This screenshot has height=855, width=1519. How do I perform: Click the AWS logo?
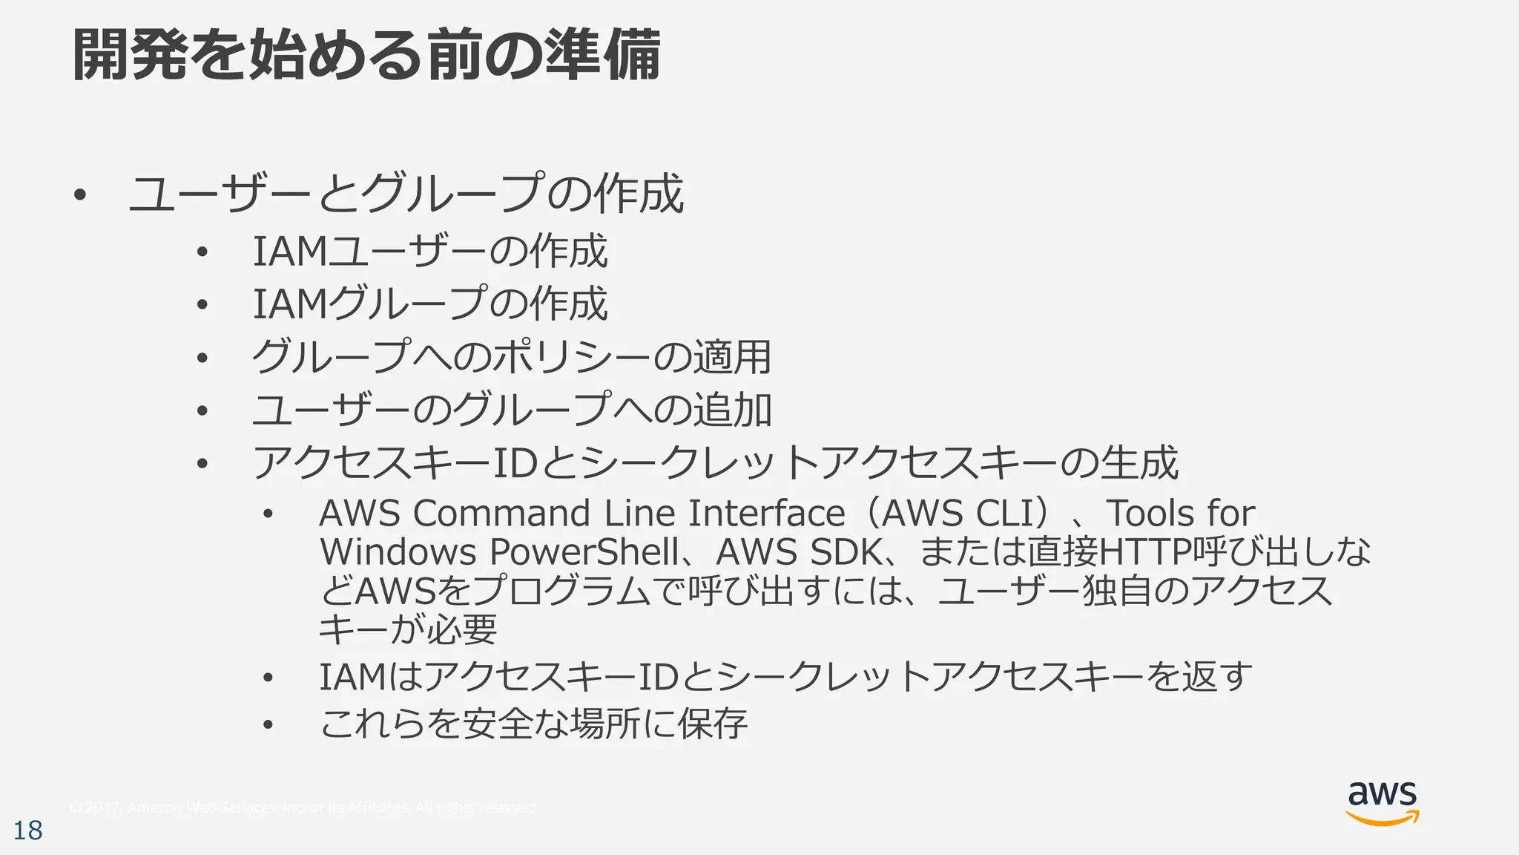pos(1382,803)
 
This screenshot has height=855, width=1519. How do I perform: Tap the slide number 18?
pos(28,831)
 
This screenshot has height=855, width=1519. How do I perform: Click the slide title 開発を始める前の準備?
pos(366,55)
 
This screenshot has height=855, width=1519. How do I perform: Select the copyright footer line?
pos(303,807)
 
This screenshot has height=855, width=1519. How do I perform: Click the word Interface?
pos(766,514)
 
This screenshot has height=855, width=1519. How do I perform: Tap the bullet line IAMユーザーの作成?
pos(430,251)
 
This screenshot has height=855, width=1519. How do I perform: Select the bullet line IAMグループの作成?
pos(430,304)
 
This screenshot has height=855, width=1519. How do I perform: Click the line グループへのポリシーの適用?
pos(512,357)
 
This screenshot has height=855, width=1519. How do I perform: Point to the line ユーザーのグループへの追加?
pos(512,410)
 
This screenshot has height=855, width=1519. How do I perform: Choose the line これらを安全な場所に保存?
pos(533,724)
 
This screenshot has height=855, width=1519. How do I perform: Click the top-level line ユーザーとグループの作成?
pos(406,194)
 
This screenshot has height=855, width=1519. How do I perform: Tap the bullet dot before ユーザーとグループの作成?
pos(80,196)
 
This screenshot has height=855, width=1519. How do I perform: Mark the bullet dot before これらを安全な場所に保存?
pos(268,724)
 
